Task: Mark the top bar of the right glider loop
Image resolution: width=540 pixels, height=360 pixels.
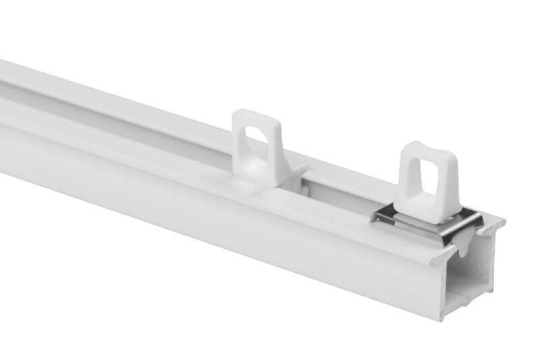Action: tap(425, 149)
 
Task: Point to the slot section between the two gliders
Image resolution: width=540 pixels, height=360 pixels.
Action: tap(337, 192)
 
